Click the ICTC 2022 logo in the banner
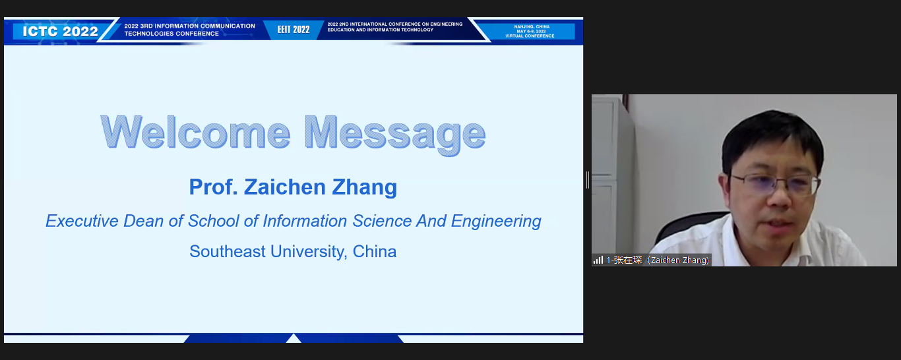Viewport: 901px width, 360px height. click(x=60, y=32)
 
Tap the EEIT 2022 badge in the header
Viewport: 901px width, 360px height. click(x=294, y=30)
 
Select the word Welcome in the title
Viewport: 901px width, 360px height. click(x=195, y=133)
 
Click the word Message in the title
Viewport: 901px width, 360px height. click(x=395, y=135)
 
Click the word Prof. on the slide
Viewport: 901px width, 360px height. click(x=213, y=187)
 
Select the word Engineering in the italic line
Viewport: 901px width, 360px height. click(x=496, y=222)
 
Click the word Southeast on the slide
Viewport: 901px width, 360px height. click(x=228, y=251)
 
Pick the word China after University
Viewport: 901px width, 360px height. click(x=375, y=251)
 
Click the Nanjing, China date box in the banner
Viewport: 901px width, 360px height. click(x=530, y=32)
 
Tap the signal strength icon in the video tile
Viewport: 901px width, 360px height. click(x=598, y=260)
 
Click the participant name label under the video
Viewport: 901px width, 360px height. click(x=658, y=260)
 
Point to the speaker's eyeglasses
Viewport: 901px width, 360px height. click(x=774, y=184)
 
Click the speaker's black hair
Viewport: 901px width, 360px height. click(x=772, y=136)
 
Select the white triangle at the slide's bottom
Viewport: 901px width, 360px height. click(x=294, y=338)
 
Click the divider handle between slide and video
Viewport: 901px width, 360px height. click(x=588, y=180)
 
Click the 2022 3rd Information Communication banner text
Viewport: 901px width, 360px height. click(x=189, y=30)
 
